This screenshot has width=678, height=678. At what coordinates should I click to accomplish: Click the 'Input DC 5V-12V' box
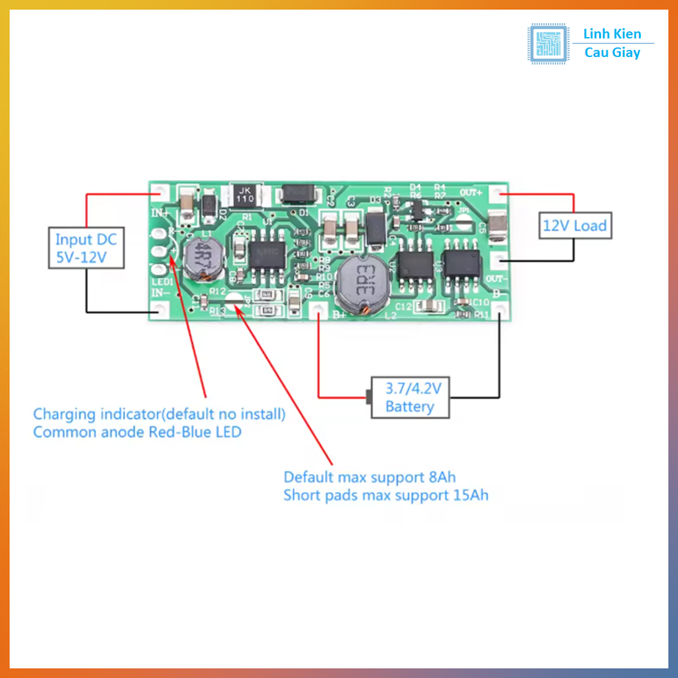tap(86, 248)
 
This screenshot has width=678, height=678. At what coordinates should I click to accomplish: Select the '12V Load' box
tap(574, 226)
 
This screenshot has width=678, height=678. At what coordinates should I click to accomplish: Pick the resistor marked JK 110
tap(246, 194)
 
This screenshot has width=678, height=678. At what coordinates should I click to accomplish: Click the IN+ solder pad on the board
tap(159, 193)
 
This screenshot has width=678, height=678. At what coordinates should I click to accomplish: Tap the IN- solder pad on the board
tap(159, 310)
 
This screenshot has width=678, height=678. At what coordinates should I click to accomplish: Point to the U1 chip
tap(267, 254)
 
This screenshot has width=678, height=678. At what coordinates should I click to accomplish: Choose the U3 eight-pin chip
tap(461, 263)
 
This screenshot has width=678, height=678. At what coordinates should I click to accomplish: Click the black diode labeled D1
tap(300, 194)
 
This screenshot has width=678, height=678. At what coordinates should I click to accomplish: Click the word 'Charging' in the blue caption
tap(64, 415)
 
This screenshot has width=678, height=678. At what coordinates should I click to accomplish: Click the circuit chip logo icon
tap(548, 44)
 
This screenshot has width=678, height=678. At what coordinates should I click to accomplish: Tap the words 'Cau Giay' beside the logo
tap(612, 53)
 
